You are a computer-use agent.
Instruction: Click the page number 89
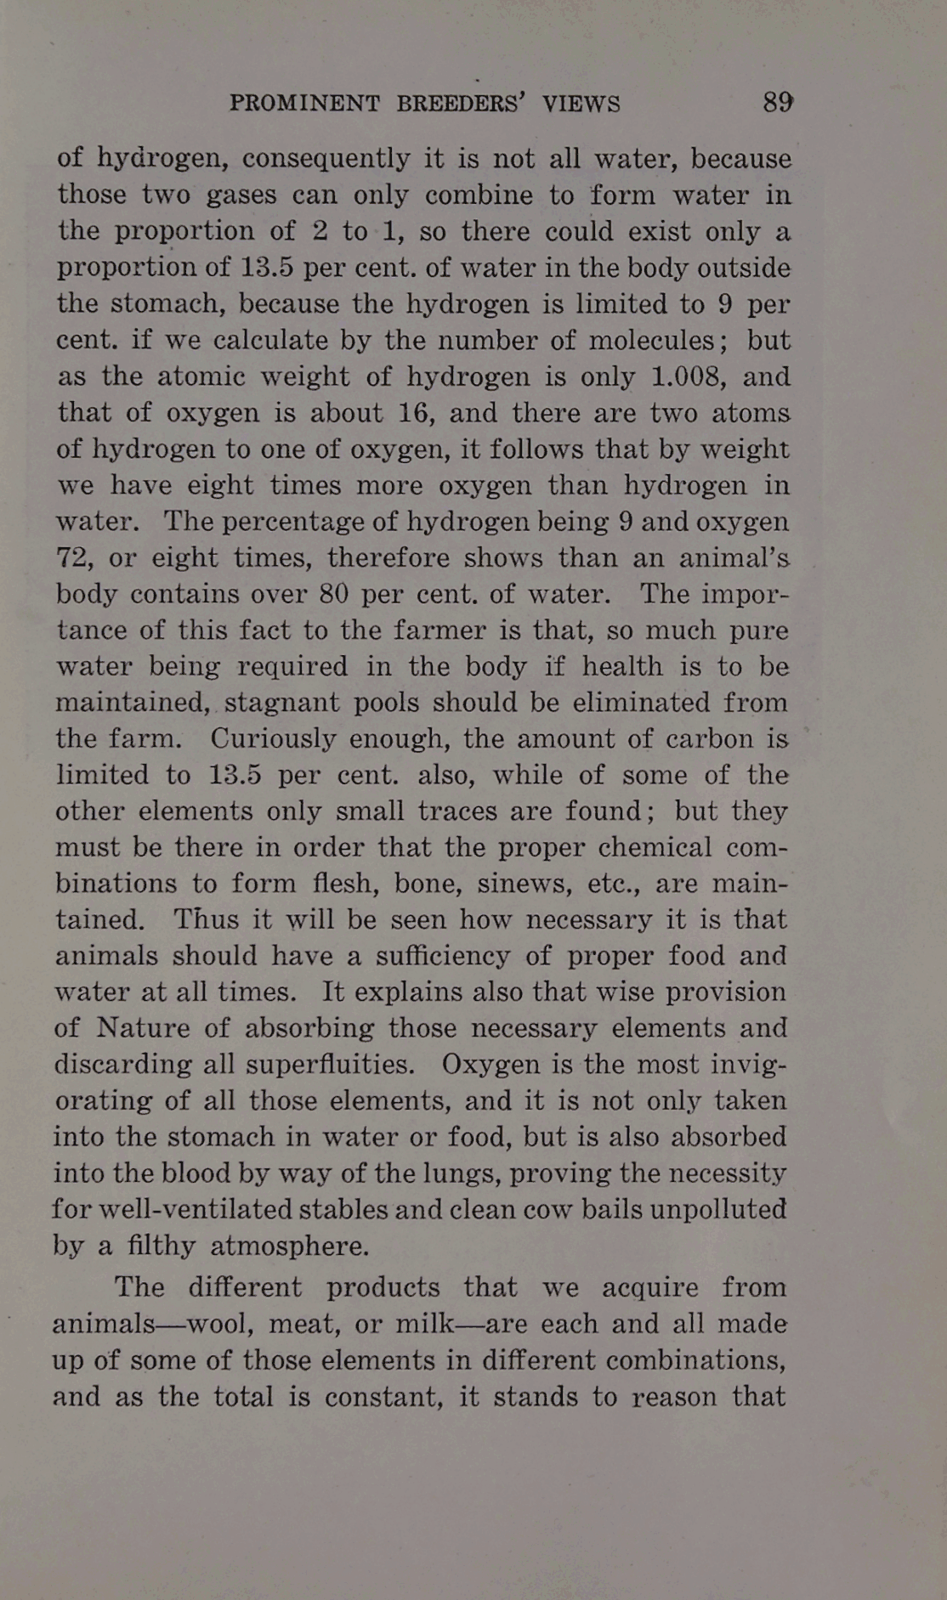pyautogui.click(x=777, y=103)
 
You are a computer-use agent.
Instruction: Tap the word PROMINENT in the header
pyautogui.click(x=304, y=104)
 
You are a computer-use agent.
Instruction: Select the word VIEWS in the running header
pyautogui.click(x=581, y=104)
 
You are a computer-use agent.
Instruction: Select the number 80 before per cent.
pyautogui.click(x=333, y=593)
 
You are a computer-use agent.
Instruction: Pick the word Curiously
pyautogui.click(x=272, y=738)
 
